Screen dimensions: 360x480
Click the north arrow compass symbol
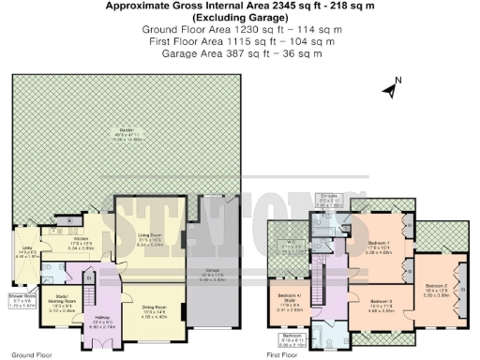391,90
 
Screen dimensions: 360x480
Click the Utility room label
22,253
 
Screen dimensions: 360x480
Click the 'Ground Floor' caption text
31,355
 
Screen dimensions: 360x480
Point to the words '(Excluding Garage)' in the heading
242,18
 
